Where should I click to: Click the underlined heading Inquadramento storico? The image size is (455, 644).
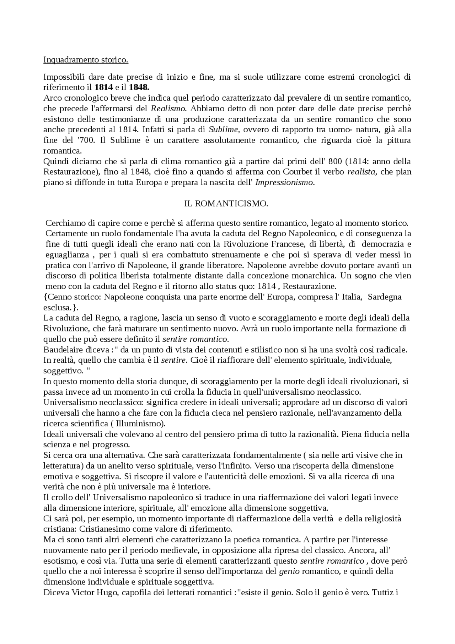86,60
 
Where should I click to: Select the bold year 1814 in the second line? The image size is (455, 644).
104,87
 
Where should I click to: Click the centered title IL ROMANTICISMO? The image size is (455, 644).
226,204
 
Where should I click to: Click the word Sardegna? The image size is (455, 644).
385,297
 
